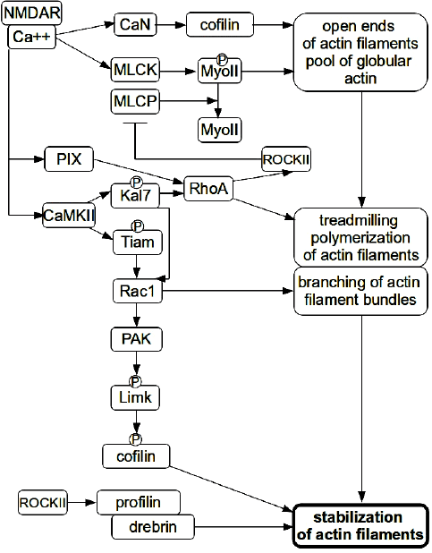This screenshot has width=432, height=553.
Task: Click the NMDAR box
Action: coord(31,13)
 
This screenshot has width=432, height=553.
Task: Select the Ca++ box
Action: coord(31,37)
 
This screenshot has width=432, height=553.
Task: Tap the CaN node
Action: coord(135,25)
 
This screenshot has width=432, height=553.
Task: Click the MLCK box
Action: coord(135,70)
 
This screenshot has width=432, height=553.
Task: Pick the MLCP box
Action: coord(135,102)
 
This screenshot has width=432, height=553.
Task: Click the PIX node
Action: coord(69,159)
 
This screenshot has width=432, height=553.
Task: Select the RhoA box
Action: coord(208,189)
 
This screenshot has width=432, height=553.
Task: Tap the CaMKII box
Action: coord(69,215)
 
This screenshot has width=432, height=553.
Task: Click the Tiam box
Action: coord(138,242)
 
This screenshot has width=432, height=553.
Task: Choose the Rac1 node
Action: coord(138,291)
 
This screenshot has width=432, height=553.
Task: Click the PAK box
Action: coord(137,339)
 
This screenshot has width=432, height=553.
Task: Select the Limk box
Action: coord(135,398)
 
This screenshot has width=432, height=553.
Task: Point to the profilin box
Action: coord(139,502)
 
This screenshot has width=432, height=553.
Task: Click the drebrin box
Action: coord(153,527)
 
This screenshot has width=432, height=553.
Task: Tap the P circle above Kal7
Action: coord(136,183)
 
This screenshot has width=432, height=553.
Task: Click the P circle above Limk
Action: coord(135,381)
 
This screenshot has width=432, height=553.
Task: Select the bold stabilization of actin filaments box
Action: coord(360,525)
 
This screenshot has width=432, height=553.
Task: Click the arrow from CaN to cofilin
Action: coord(171,25)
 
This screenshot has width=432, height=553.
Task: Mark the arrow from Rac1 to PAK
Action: coord(137,315)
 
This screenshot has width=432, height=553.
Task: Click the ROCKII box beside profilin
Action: coord(43,502)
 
